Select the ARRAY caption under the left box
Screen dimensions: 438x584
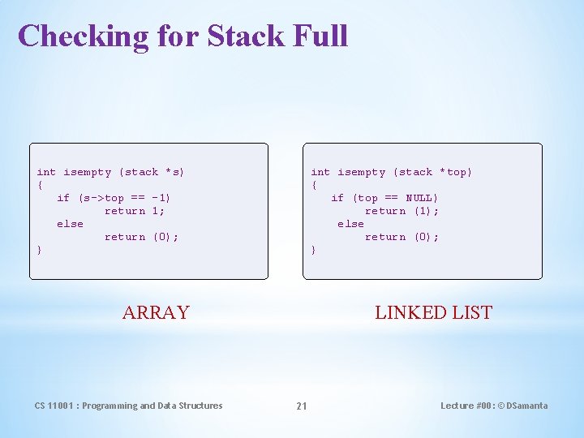point(156,312)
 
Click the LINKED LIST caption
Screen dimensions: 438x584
point(433,312)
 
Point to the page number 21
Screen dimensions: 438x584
point(301,406)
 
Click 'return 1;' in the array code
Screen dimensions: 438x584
point(135,211)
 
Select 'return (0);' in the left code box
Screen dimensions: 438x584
point(141,237)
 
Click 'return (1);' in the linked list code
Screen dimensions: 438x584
point(401,211)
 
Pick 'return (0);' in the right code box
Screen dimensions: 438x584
point(401,237)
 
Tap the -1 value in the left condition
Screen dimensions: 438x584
point(161,198)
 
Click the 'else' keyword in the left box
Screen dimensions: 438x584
point(70,224)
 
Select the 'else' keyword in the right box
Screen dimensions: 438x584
point(350,224)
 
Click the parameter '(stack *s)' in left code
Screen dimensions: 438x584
point(152,172)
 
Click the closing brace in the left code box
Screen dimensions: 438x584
point(40,250)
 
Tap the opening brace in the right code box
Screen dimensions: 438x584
point(314,185)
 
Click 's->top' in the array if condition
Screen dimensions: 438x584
point(104,198)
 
